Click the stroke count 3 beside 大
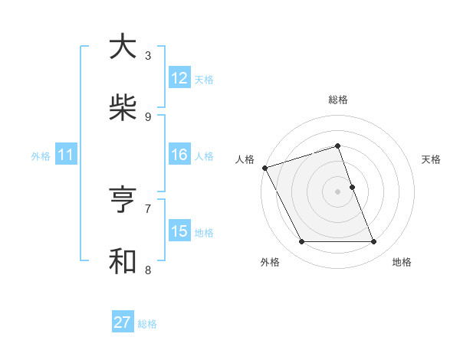pos(148,56)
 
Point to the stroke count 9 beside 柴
pos(148,117)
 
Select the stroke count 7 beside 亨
pos(148,208)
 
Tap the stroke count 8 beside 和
pos(148,270)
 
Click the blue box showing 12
pos(179,78)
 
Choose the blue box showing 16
pos(179,155)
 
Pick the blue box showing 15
pos(179,231)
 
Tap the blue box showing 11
pos(66,155)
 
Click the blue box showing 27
pos(123,322)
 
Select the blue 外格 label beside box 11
pos(41,156)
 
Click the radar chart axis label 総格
pos(338,100)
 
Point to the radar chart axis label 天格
pos(432,159)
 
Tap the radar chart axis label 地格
pos(402,263)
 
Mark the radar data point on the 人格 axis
pos(264,168)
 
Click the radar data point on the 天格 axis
pos(352,187)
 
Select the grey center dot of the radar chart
pos(338,191)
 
